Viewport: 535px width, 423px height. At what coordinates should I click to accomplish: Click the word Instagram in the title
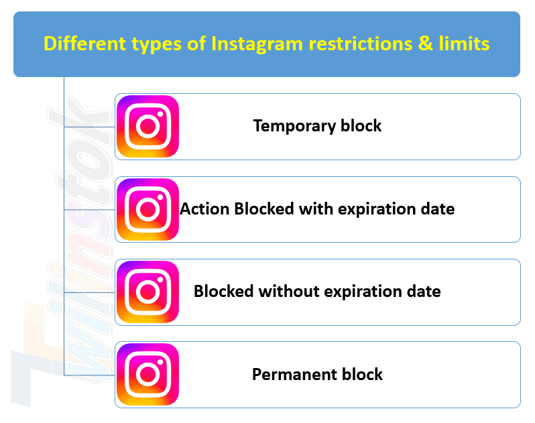(x=257, y=44)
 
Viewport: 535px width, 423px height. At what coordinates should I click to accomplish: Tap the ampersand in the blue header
(x=425, y=44)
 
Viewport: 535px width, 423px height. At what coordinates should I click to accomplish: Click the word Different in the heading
(x=85, y=44)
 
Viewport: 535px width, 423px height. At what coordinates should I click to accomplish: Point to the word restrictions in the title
(x=360, y=44)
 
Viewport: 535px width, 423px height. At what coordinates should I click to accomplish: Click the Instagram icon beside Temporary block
(x=147, y=126)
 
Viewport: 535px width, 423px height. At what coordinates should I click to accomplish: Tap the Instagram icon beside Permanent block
(x=147, y=374)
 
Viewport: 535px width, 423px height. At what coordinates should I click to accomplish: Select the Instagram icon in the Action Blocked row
(x=147, y=209)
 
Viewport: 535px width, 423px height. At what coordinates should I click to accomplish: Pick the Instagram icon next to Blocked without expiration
(x=147, y=292)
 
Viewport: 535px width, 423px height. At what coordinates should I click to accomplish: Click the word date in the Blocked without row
(x=424, y=292)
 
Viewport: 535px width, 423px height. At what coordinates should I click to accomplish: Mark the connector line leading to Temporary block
(x=89, y=127)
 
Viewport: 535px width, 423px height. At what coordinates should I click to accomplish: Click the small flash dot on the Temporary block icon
(x=160, y=114)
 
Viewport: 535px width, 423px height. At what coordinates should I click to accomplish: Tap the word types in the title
(x=156, y=45)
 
